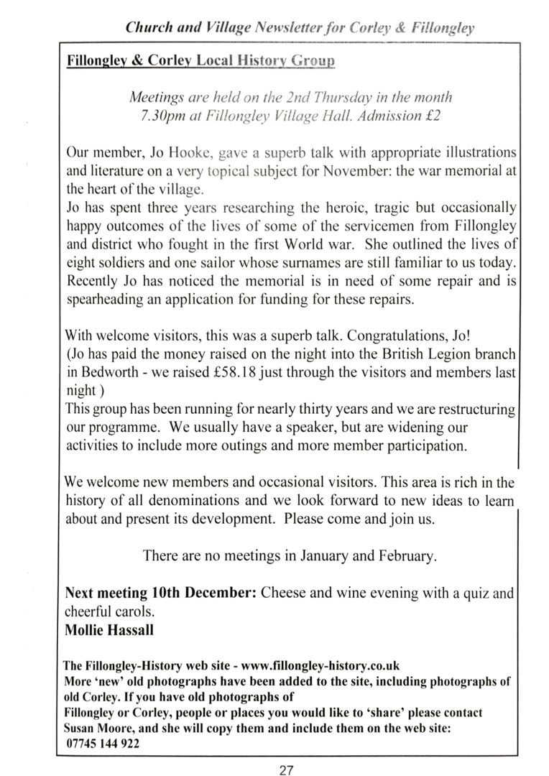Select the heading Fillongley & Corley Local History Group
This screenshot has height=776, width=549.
click(200, 61)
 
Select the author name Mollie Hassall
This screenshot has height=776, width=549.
click(109, 630)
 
